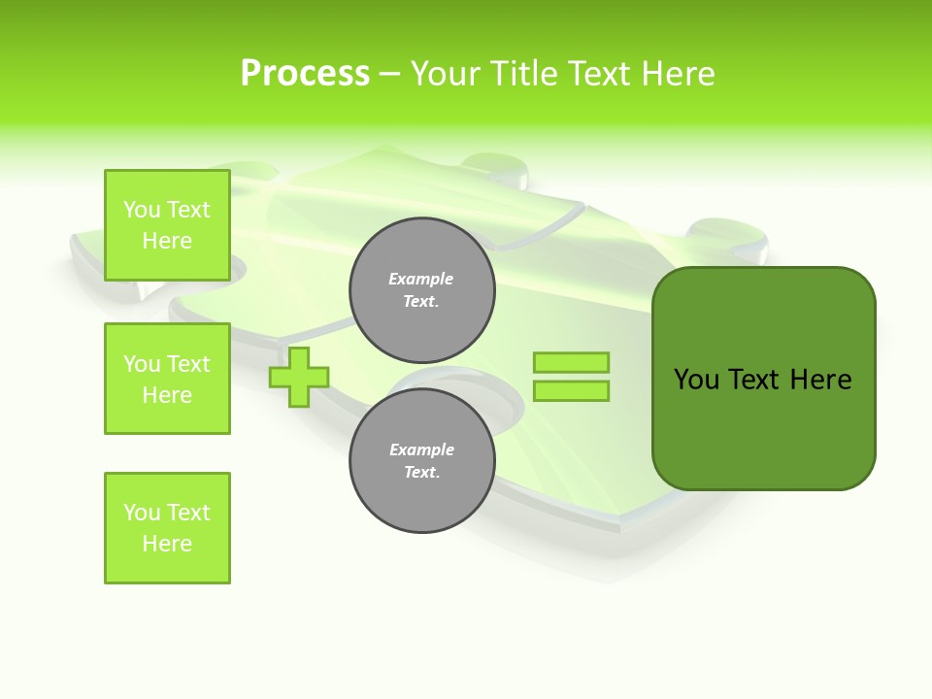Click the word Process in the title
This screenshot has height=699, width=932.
coord(305,74)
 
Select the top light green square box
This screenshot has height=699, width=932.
coord(167,225)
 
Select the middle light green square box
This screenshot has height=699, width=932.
coord(167,379)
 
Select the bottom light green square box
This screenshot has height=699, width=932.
coord(167,528)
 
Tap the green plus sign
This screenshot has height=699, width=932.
coord(298,377)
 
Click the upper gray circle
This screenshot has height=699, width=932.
coord(421,290)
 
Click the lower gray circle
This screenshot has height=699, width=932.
coord(421,461)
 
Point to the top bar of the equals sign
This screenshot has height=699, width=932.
coord(571,363)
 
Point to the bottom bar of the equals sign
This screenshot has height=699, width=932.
coord(571,391)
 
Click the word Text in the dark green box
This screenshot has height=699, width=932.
coord(755,380)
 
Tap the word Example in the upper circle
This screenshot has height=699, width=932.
coord(421,279)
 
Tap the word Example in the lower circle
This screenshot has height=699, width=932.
coord(421,449)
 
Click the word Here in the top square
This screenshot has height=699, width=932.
coord(167,241)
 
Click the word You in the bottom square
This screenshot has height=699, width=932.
coord(142,513)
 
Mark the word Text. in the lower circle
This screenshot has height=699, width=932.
coord(421,473)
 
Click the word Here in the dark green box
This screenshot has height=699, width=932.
coord(820,380)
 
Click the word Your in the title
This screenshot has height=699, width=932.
coord(445,74)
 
